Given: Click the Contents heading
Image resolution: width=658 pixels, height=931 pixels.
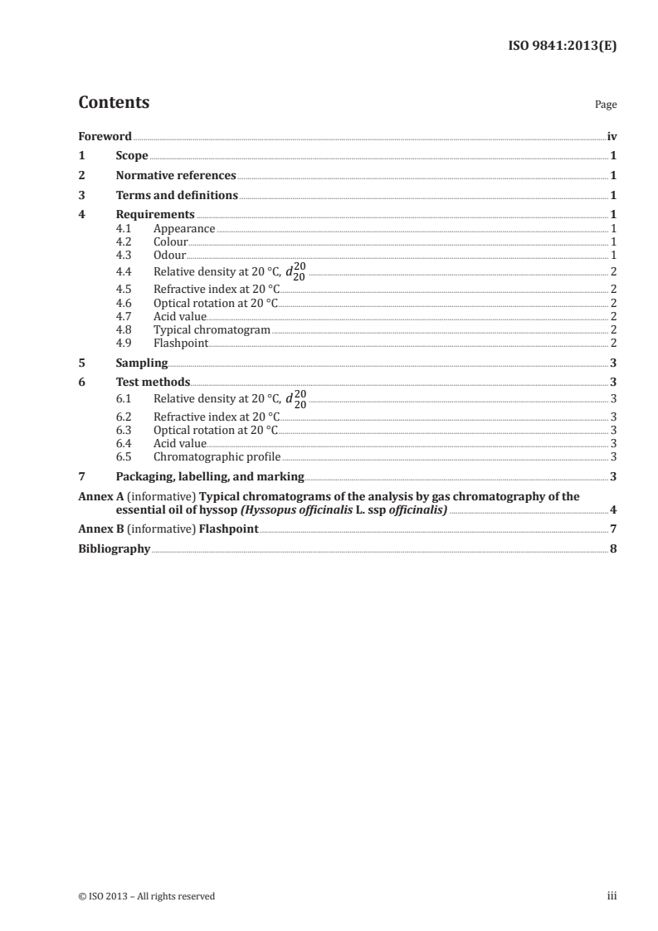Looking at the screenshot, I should tap(114, 103).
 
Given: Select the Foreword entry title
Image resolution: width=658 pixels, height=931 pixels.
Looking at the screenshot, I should tap(105, 136).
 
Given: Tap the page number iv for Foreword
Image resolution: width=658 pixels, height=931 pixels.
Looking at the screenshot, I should tap(612, 136).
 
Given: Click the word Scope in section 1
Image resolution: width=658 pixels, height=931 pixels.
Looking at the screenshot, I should tap(132, 156).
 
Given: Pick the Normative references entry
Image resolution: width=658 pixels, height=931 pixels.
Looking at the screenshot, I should tap(176, 176).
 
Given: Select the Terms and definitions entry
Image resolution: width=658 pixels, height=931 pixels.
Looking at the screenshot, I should tap(177, 196).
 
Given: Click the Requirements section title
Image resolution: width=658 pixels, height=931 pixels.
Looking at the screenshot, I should tap(155, 215).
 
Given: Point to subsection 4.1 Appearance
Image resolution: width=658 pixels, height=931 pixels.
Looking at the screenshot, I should tap(184, 229).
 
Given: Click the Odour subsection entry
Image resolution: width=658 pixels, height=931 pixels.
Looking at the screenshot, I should tap(169, 256).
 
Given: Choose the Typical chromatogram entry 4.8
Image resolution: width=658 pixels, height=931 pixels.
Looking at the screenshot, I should tap(212, 329).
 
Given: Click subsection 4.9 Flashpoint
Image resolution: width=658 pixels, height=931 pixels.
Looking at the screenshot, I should tap(180, 343).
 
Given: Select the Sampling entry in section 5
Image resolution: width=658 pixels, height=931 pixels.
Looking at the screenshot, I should tap(142, 363).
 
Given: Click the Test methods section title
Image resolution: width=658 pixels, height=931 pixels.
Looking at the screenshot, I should tap(153, 383).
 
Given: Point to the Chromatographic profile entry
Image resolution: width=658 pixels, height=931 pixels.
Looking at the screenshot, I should tap(217, 456).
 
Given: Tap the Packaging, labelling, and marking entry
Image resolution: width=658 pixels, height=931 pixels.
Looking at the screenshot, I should tap(210, 476).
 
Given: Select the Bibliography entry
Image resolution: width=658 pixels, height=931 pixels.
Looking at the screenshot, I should tap(115, 549).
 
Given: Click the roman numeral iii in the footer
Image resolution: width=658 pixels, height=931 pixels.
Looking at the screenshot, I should tap(612, 896).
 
